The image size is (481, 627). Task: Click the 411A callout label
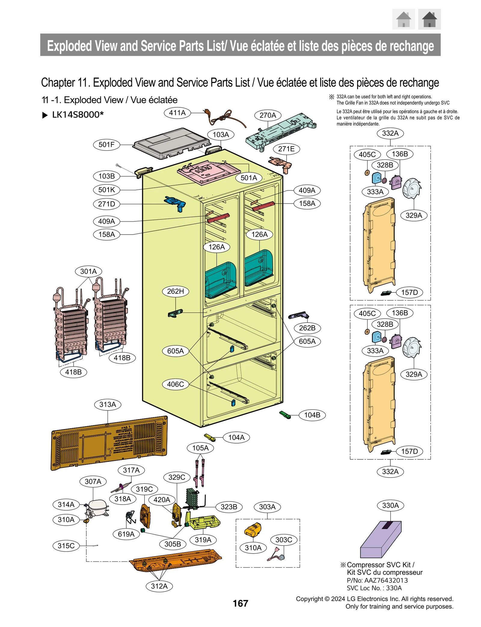[x=177, y=113]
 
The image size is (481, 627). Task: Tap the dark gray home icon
[x=429, y=19]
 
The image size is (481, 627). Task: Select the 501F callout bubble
[x=106, y=145]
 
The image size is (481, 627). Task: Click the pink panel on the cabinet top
[x=204, y=171]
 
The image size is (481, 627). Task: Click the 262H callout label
[x=175, y=291]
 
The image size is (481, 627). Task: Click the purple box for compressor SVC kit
[x=380, y=540]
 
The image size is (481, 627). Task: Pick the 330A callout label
[x=390, y=505]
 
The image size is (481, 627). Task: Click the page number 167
[x=240, y=603]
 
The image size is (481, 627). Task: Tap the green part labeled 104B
[x=285, y=415]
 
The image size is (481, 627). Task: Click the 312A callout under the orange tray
[x=159, y=586]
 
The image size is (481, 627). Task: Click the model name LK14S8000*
[x=78, y=115]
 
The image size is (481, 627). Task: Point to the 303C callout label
[x=283, y=540]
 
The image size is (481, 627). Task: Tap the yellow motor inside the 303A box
[x=253, y=530]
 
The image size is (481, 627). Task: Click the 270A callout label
[x=268, y=115]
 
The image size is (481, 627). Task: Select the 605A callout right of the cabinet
[x=307, y=341]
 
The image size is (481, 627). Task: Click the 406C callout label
[x=175, y=384]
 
